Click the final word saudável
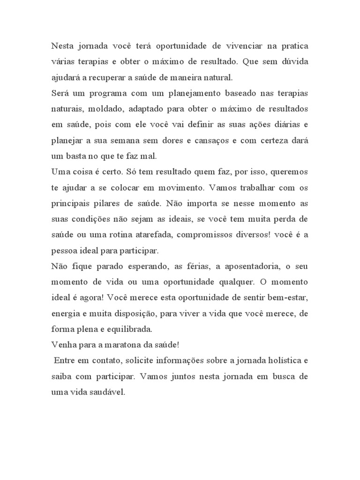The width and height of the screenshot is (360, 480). tap(108, 390)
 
